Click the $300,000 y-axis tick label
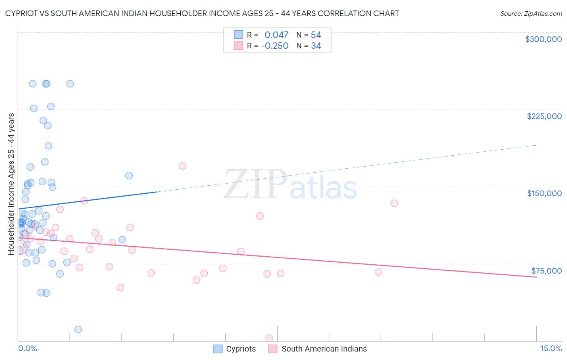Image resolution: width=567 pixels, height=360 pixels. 543,39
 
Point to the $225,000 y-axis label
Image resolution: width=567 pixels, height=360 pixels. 544,116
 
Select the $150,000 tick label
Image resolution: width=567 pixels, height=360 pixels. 544,193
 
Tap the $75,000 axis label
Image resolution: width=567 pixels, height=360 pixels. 546,271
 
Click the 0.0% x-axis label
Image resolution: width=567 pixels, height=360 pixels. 27,349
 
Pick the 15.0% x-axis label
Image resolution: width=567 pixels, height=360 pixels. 551,349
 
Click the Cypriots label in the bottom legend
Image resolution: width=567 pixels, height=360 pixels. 241,349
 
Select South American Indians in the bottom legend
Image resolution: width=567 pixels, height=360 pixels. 324,349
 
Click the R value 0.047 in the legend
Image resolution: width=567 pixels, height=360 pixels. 276,35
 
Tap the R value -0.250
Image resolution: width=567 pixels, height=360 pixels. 275,46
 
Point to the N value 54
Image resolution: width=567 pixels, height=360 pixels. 316,35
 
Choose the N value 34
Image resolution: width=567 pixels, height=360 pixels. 316,46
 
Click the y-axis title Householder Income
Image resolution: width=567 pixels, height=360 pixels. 11,184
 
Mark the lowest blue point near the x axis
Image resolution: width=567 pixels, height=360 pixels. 78,329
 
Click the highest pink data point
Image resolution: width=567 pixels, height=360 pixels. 182,166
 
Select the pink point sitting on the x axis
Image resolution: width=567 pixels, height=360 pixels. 269,338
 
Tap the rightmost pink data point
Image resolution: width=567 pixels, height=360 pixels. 394,203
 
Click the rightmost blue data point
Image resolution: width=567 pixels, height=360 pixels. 129,176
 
